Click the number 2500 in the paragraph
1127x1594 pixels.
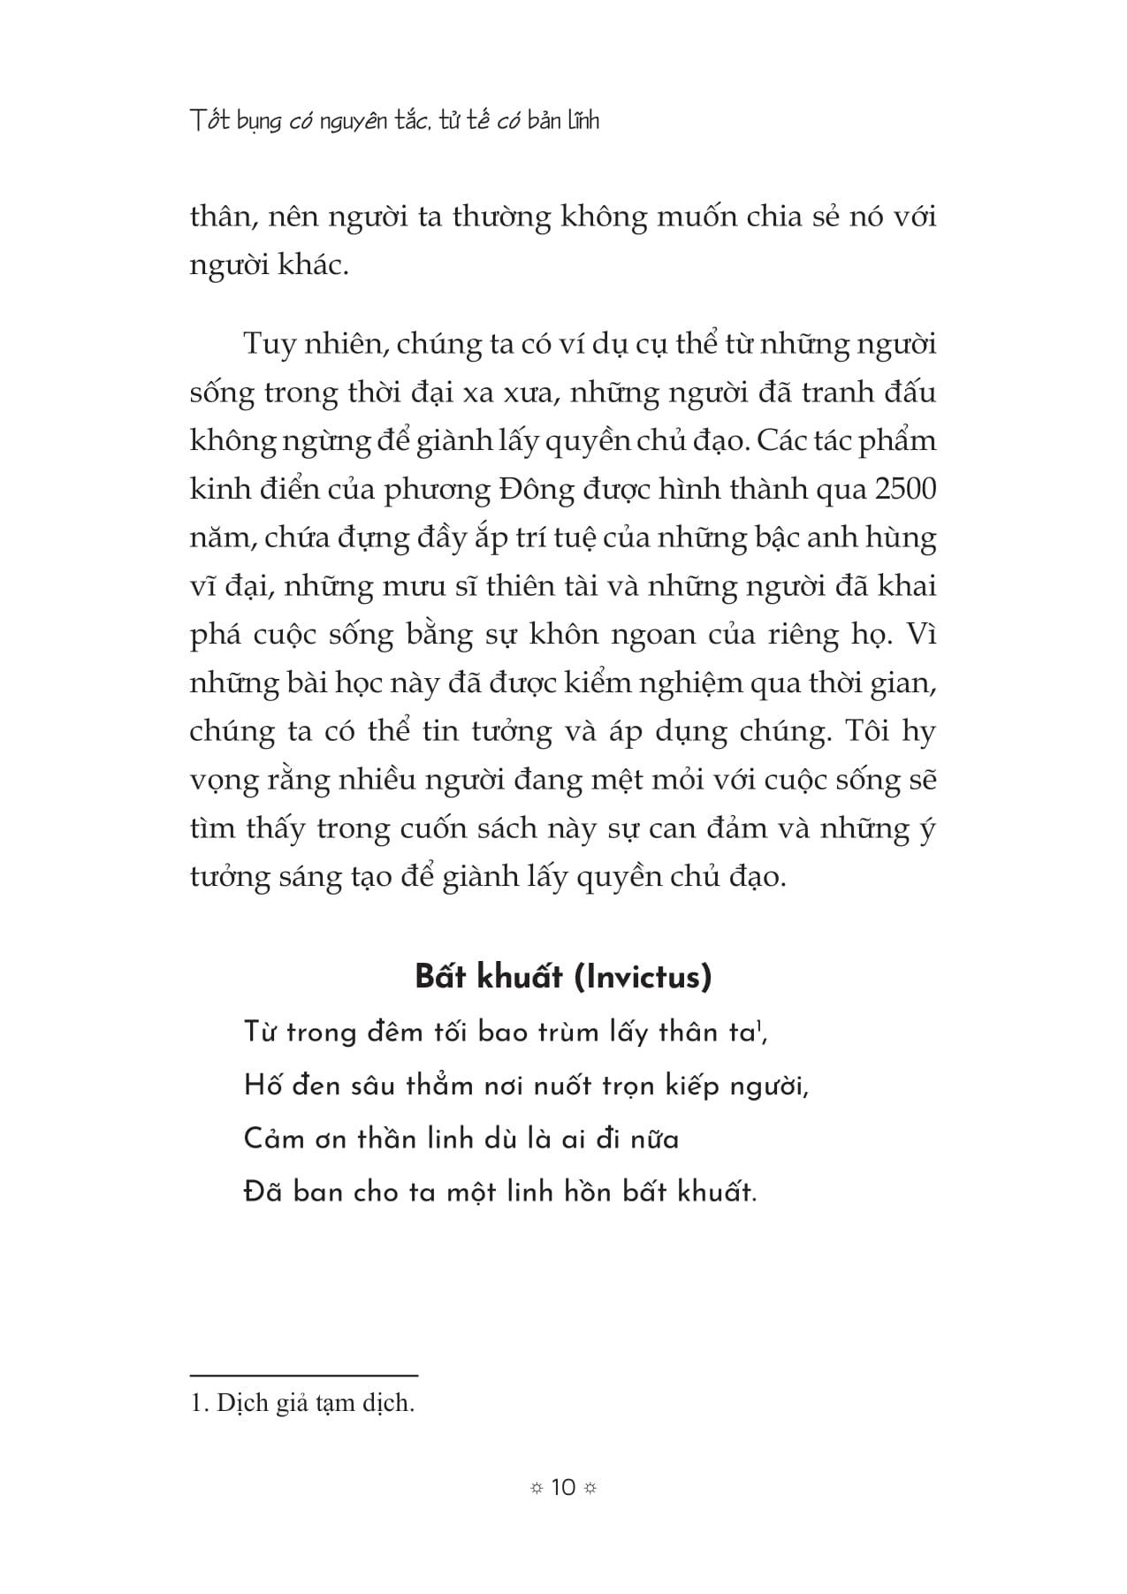point(903,490)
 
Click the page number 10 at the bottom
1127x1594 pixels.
point(563,1487)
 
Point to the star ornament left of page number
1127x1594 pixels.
point(536,1488)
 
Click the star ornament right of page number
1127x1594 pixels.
point(590,1488)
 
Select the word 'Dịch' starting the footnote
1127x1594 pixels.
point(242,1403)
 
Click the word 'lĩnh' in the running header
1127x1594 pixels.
point(583,120)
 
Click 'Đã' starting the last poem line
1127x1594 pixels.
point(263,1192)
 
